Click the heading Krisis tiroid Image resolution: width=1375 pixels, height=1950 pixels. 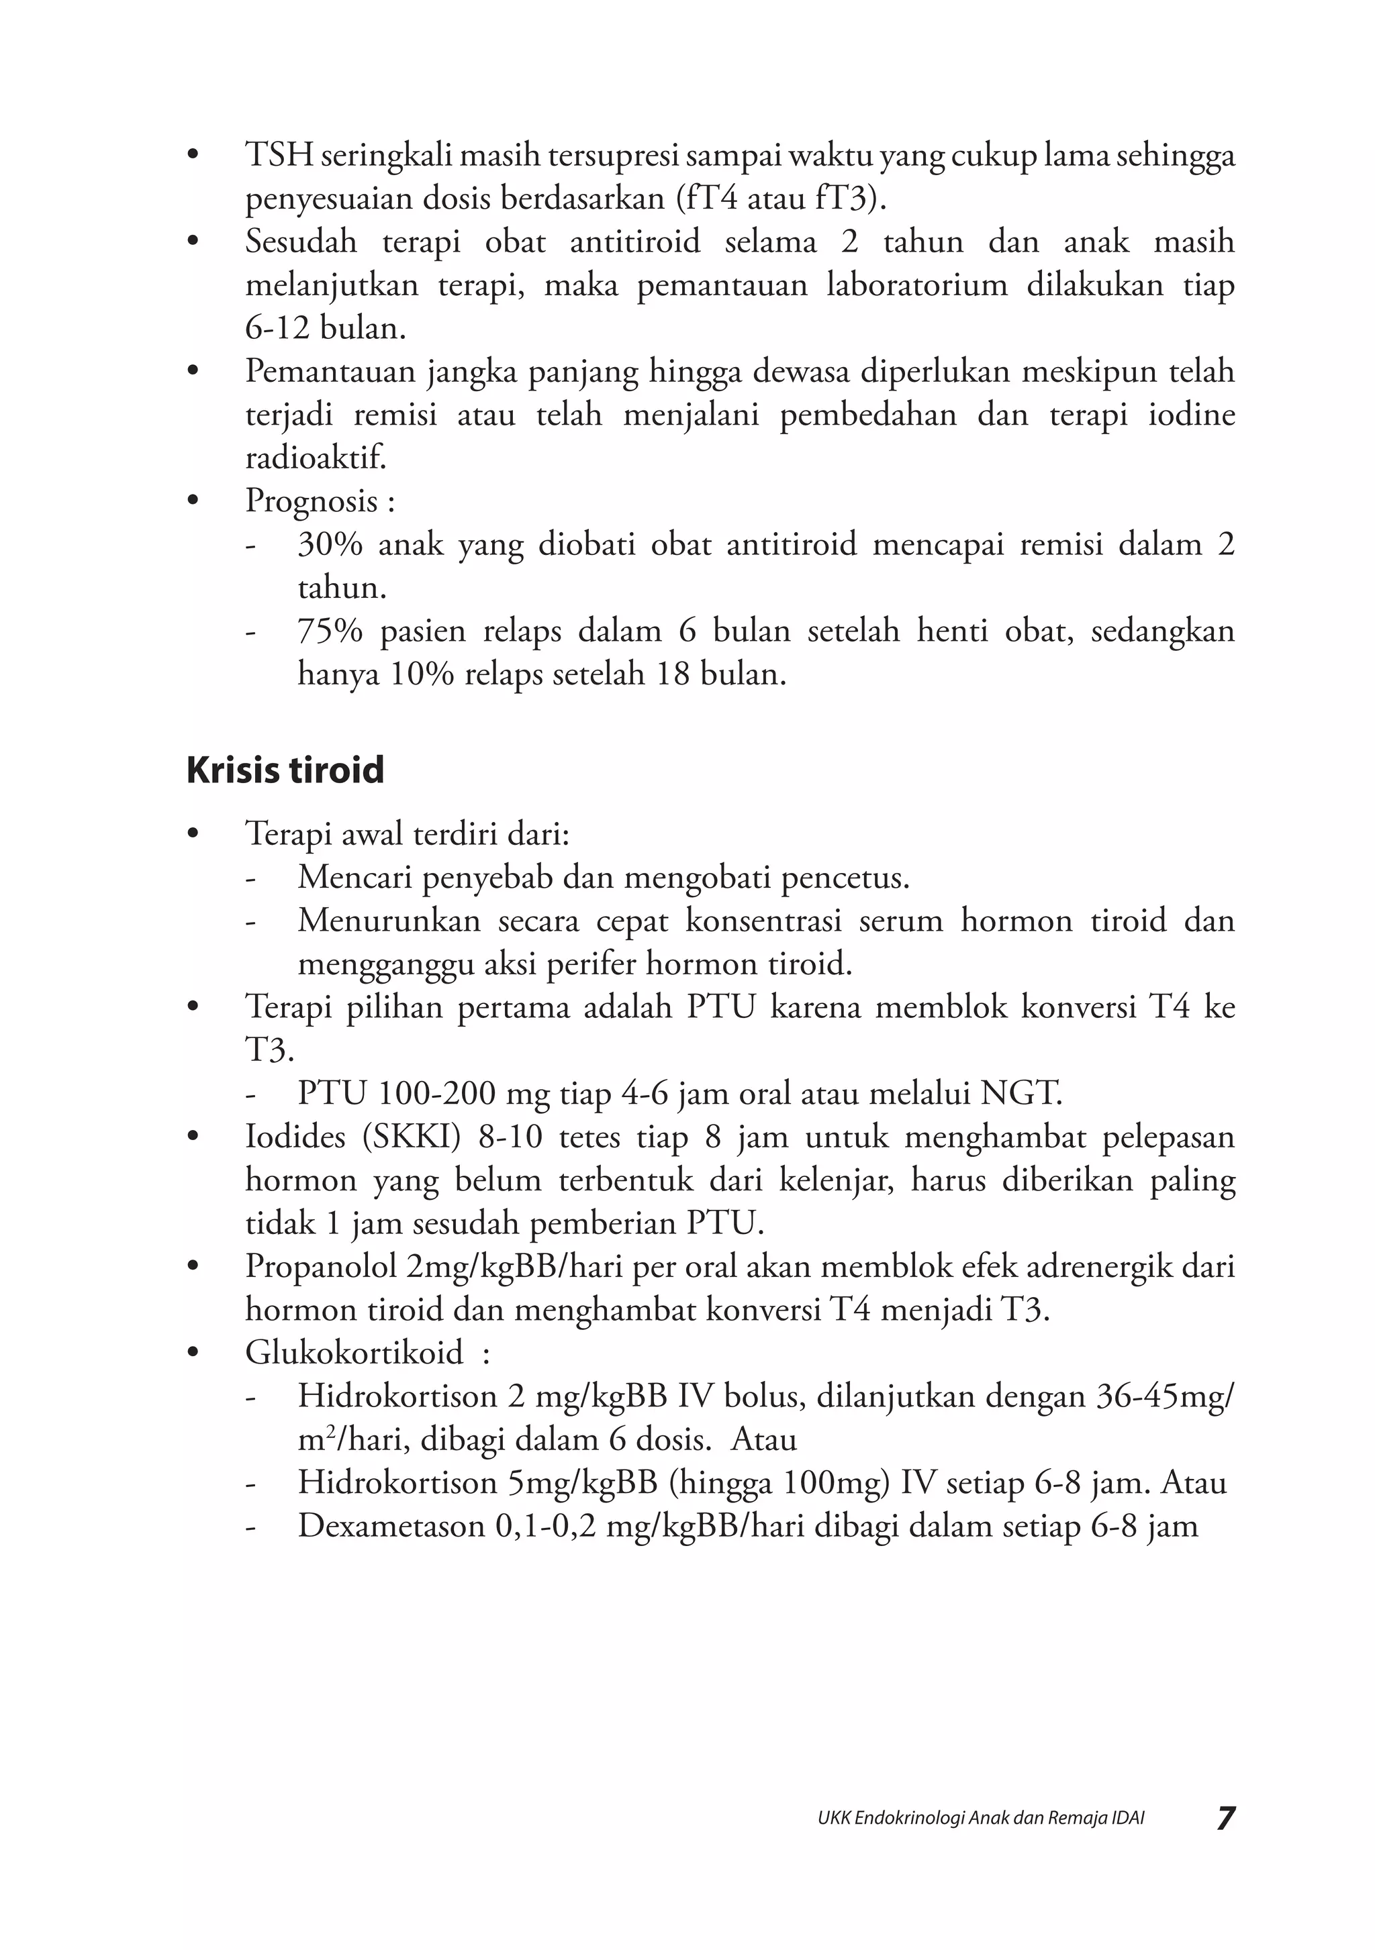click(x=285, y=770)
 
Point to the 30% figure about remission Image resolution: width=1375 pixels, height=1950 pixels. click(x=330, y=544)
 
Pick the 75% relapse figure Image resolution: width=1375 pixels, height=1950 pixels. click(x=330, y=631)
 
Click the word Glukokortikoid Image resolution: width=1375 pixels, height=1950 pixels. click(x=354, y=1352)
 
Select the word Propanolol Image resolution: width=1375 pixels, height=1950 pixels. click(x=321, y=1266)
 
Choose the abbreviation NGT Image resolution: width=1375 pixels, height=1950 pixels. click(x=1021, y=1093)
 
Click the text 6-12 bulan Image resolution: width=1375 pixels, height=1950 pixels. click(x=326, y=329)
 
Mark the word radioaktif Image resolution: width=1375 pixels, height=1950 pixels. click(x=316, y=458)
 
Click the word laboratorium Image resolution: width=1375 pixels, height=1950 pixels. click(x=917, y=285)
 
